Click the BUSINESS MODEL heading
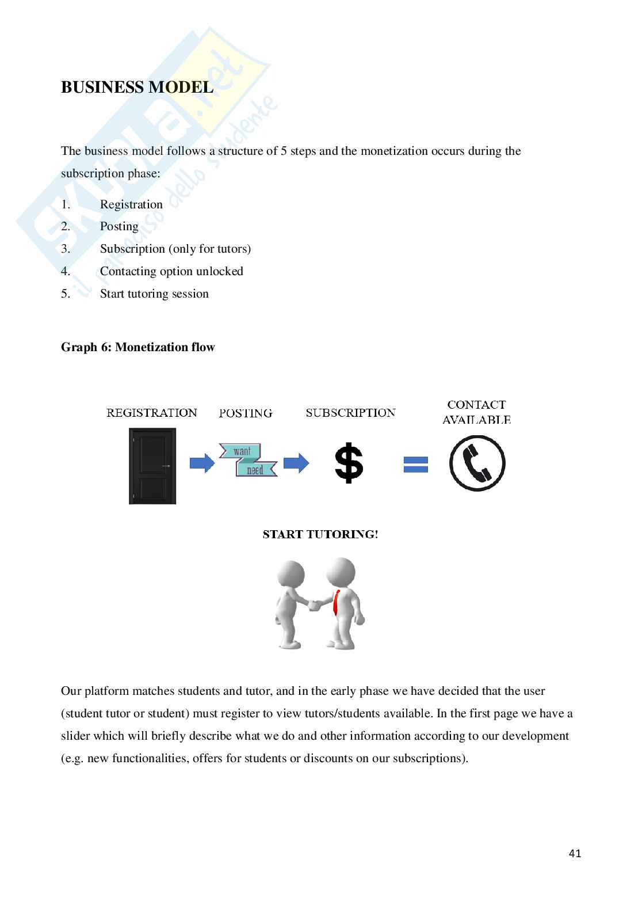point(137,88)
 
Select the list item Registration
point(131,204)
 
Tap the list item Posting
point(119,226)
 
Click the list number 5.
point(66,294)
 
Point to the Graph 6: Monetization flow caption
point(137,347)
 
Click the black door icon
point(152,466)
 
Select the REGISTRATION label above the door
point(152,413)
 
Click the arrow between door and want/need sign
point(201,463)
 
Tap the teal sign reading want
point(242,451)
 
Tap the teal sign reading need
point(255,470)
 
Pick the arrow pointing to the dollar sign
point(296,463)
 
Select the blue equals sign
point(415,465)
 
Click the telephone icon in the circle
point(477,463)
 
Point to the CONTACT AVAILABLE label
point(476,412)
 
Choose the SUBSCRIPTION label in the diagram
point(350,413)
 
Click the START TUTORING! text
point(320,534)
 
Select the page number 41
point(575,853)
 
